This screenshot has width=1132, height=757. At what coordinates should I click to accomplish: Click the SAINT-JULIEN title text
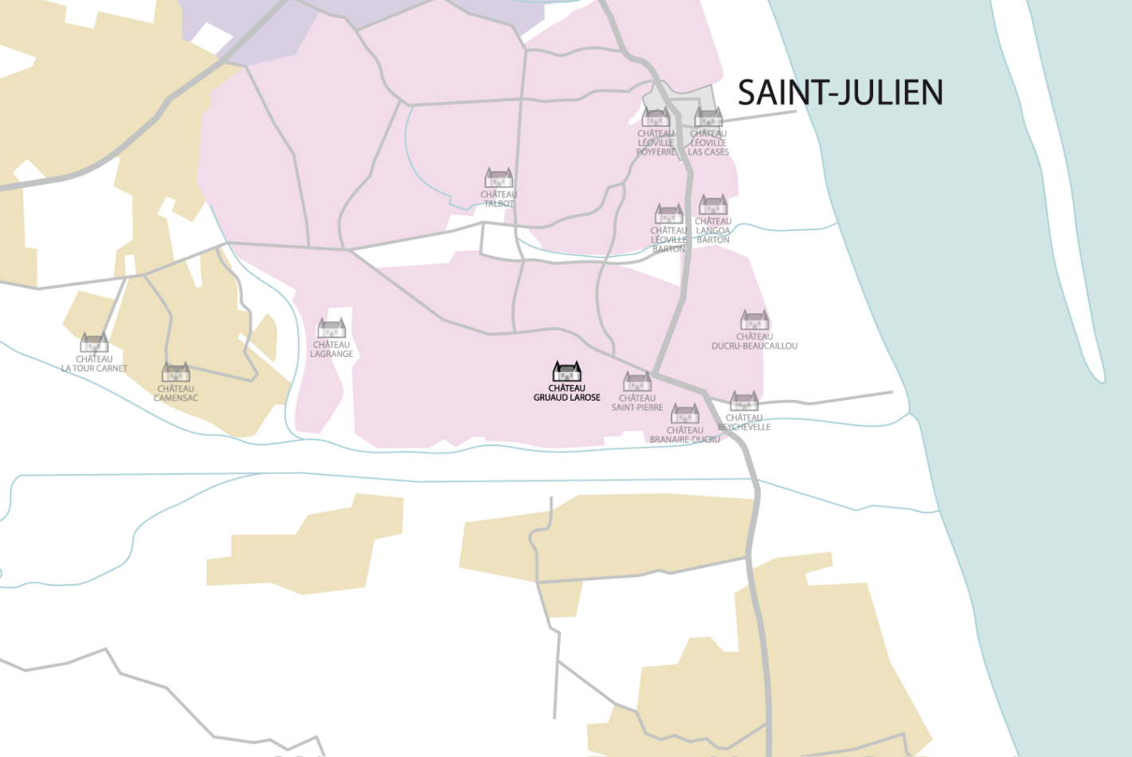click(x=840, y=92)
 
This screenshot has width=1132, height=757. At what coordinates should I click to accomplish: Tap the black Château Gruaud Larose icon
click(x=566, y=371)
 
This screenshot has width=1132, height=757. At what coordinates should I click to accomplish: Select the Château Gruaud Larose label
click(x=566, y=393)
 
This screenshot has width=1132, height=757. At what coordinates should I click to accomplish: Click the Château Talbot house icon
click(x=499, y=178)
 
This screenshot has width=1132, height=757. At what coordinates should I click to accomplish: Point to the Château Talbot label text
click(x=499, y=199)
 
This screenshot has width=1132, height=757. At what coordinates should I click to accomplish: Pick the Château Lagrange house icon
click(x=331, y=328)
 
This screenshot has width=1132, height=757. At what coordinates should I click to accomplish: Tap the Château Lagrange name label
click(x=331, y=350)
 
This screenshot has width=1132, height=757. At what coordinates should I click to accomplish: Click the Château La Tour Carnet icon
click(x=94, y=343)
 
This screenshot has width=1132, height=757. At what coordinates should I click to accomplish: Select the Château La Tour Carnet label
click(x=94, y=364)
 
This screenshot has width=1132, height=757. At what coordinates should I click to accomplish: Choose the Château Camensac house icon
click(x=175, y=372)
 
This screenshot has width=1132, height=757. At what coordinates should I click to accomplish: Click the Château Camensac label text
click(x=175, y=394)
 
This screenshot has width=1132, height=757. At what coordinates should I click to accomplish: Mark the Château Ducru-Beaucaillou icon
click(x=754, y=320)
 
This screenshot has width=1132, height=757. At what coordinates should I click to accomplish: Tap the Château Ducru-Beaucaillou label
click(x=754, y=342)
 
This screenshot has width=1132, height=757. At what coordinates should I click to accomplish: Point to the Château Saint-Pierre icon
click(x=637, y=382)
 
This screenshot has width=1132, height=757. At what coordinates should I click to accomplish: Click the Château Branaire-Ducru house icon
click(x=684, y=414)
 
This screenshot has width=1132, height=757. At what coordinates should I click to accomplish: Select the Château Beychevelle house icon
click(x=743, y=401)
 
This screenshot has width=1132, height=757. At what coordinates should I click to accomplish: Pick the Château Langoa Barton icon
click(x=713, y=205)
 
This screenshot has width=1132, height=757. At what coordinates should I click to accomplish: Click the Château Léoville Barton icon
click(x=668, y=214)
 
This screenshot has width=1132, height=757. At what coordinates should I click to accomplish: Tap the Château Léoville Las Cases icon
click(x=708, y=118)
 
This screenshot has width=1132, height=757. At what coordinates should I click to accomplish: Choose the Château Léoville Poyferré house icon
click(x=656, y=118)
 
